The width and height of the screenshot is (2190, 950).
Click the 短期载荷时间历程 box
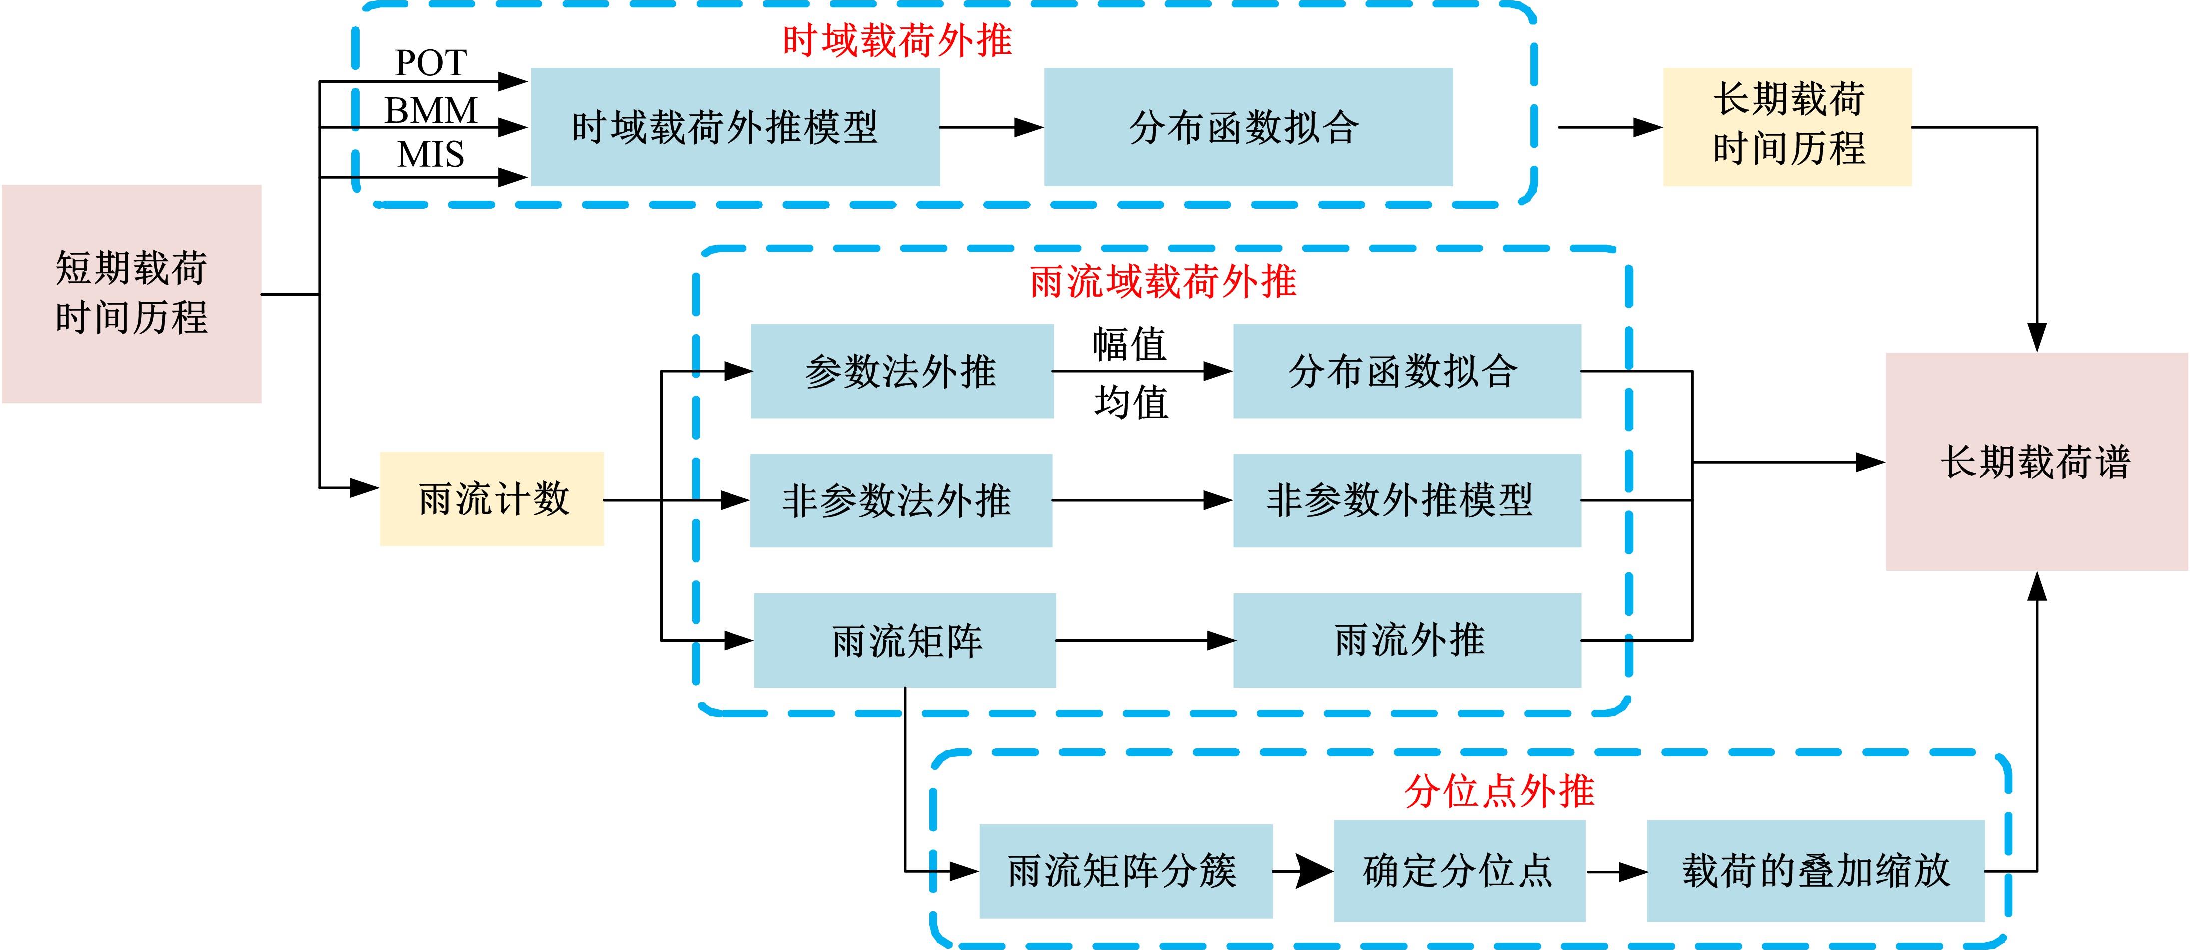click(132, 293)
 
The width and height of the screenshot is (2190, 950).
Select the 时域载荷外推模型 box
click(734, 127)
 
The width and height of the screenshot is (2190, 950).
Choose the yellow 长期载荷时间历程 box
click(1787, 126)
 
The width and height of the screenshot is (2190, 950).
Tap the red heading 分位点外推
click(1499, 791)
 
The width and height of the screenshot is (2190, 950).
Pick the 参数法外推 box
click(902, 371)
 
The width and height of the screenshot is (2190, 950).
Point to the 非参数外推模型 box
click(1407, 500)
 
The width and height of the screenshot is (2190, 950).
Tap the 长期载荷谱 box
click(2036, 462)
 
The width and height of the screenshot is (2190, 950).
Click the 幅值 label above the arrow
click(1129, 344)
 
